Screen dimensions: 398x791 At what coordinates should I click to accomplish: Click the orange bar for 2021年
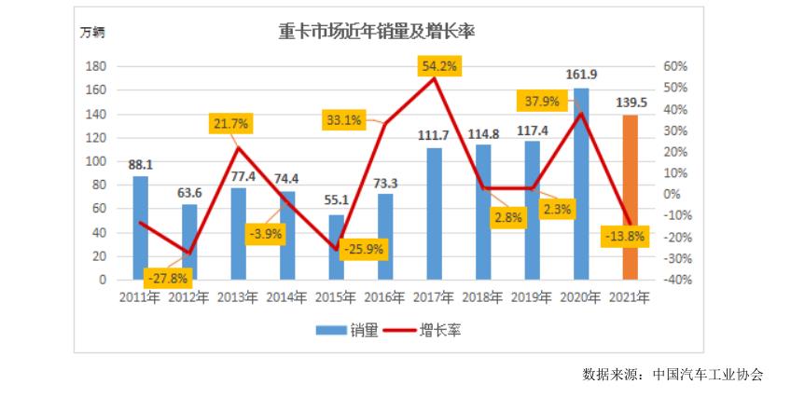[x=631, y=197]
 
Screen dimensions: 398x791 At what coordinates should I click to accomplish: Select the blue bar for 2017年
[x=435, y=213]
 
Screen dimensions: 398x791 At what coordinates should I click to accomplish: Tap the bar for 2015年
[x=337, y=247]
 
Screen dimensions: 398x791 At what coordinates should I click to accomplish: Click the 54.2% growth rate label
[x=439, y=66]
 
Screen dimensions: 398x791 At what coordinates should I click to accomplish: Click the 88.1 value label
[x=140, y=164]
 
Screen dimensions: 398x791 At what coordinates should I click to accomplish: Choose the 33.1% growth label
[x=344, y=119]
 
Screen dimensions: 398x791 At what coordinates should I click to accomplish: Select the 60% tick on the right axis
[x=675, y=66]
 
